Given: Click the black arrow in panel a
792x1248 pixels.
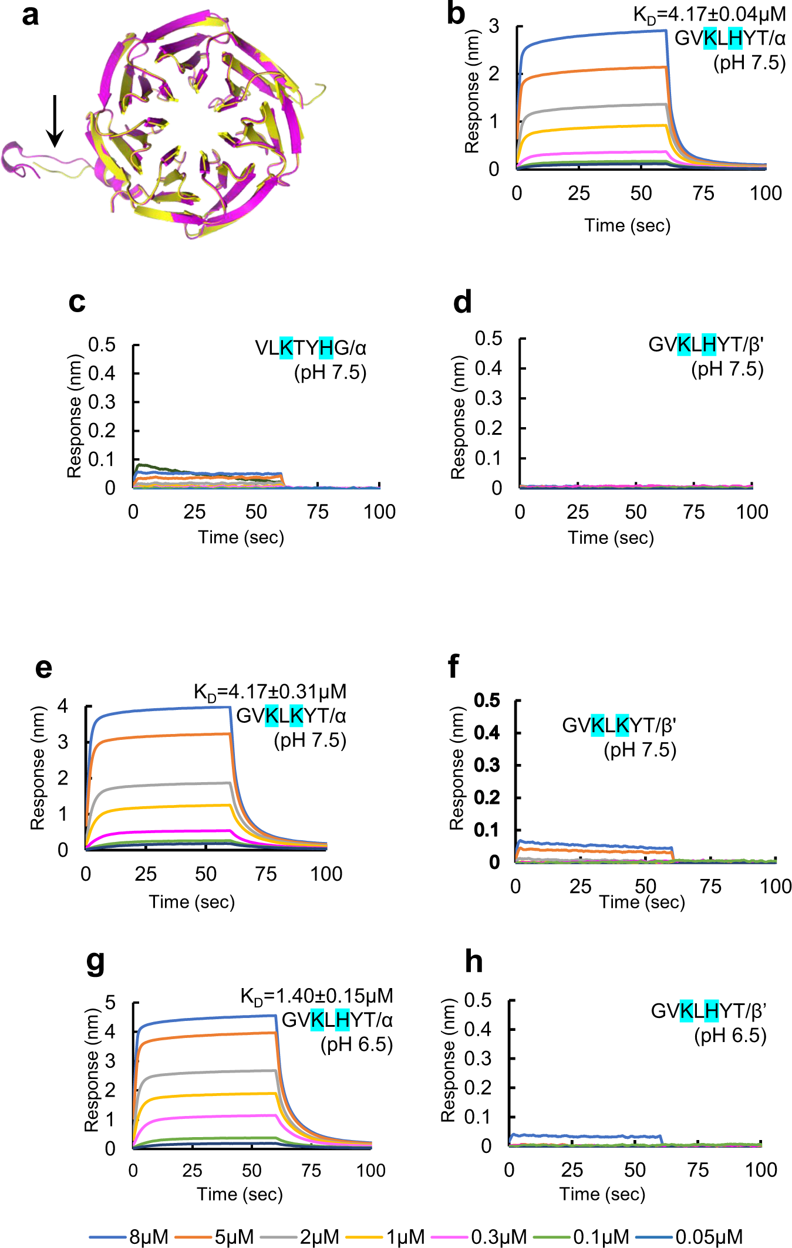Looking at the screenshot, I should pos(55,120).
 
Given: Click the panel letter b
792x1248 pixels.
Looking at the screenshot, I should pos(456,13).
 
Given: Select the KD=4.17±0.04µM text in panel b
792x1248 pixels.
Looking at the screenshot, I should pos(709,14).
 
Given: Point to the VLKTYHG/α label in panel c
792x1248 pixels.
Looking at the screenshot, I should pos(310,348).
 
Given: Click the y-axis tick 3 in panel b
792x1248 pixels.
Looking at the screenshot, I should pos(494,26).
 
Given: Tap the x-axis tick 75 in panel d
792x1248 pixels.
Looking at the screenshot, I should pos(694,512).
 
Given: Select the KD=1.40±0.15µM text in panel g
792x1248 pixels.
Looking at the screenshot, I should pos(316,996).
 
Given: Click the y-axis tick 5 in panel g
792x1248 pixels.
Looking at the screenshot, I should pos(110,1003).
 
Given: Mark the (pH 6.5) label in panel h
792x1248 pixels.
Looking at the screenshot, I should pos(730,1036).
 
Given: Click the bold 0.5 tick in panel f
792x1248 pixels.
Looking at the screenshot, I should pos(487,701).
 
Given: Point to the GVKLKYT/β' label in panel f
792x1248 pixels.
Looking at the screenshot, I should pos(619,726).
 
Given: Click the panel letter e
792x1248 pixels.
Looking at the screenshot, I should pos(43,668).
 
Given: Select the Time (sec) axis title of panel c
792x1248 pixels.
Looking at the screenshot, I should pos(241,537).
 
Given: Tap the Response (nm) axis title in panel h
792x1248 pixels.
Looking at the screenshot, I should pos(448,1060).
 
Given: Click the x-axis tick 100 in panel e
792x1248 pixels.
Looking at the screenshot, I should pos(326,874).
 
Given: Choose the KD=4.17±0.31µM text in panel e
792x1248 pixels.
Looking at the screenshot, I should pos(270,692).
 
